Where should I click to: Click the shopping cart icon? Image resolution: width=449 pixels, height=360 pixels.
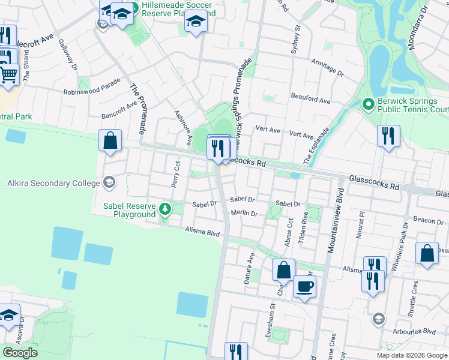coord(8,75)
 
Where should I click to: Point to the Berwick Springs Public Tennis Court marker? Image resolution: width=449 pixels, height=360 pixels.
coord(369,105)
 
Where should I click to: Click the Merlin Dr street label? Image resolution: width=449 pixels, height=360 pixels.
coord(244,213)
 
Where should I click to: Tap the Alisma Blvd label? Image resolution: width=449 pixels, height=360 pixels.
coord(203,231)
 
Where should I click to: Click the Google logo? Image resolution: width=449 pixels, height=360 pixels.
coord(20,353)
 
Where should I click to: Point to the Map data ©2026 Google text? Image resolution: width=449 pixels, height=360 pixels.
coord(411,355)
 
